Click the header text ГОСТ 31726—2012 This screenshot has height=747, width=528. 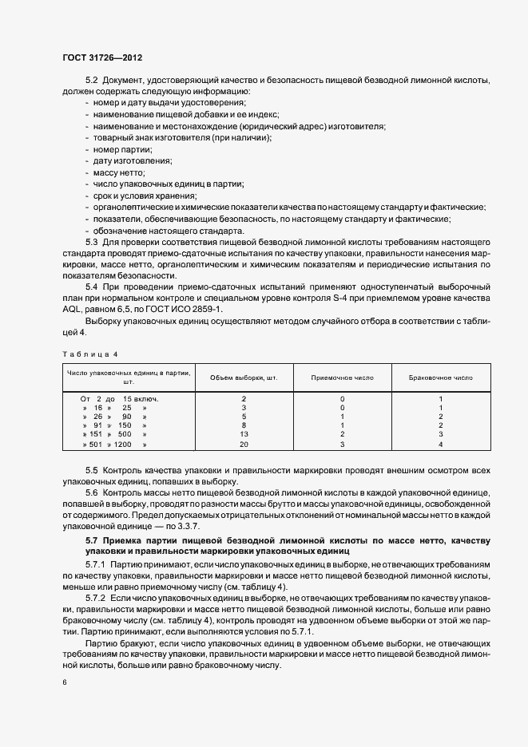[101, 58]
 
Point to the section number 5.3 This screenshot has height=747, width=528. [91, 242]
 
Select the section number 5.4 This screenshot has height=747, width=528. [91, 287]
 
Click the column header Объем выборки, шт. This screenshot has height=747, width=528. [244, 377]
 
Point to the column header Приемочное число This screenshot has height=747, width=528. [342, 377]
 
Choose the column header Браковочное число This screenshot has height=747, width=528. [440, 377]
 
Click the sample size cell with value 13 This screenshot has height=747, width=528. [244, 433]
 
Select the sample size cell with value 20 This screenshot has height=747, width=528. [244, 443]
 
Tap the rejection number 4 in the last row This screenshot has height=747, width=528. [440, 443]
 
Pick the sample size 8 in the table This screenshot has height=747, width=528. [244, 425]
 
